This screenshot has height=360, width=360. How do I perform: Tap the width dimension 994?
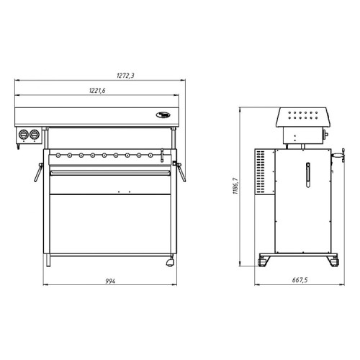pos(110,281)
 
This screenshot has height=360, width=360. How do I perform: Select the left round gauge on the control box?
pos(24,134)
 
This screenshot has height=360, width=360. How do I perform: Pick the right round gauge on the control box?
pos(34,134)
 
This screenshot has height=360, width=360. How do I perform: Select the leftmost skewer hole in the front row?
pos(69,154)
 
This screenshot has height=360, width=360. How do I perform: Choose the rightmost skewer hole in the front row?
pos(150,154)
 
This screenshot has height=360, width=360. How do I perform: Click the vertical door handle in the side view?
pos(307,174)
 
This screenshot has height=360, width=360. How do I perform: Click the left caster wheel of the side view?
pos(264,262)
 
